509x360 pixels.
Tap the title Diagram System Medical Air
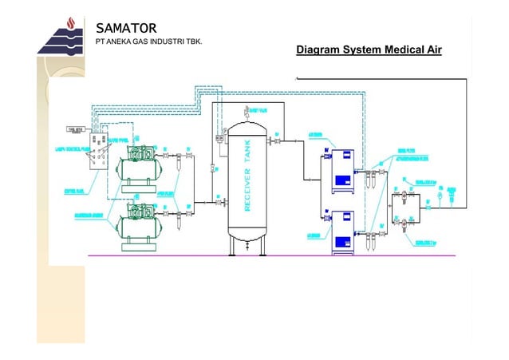coord(369,51)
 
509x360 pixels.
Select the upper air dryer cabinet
coord(339,170)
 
